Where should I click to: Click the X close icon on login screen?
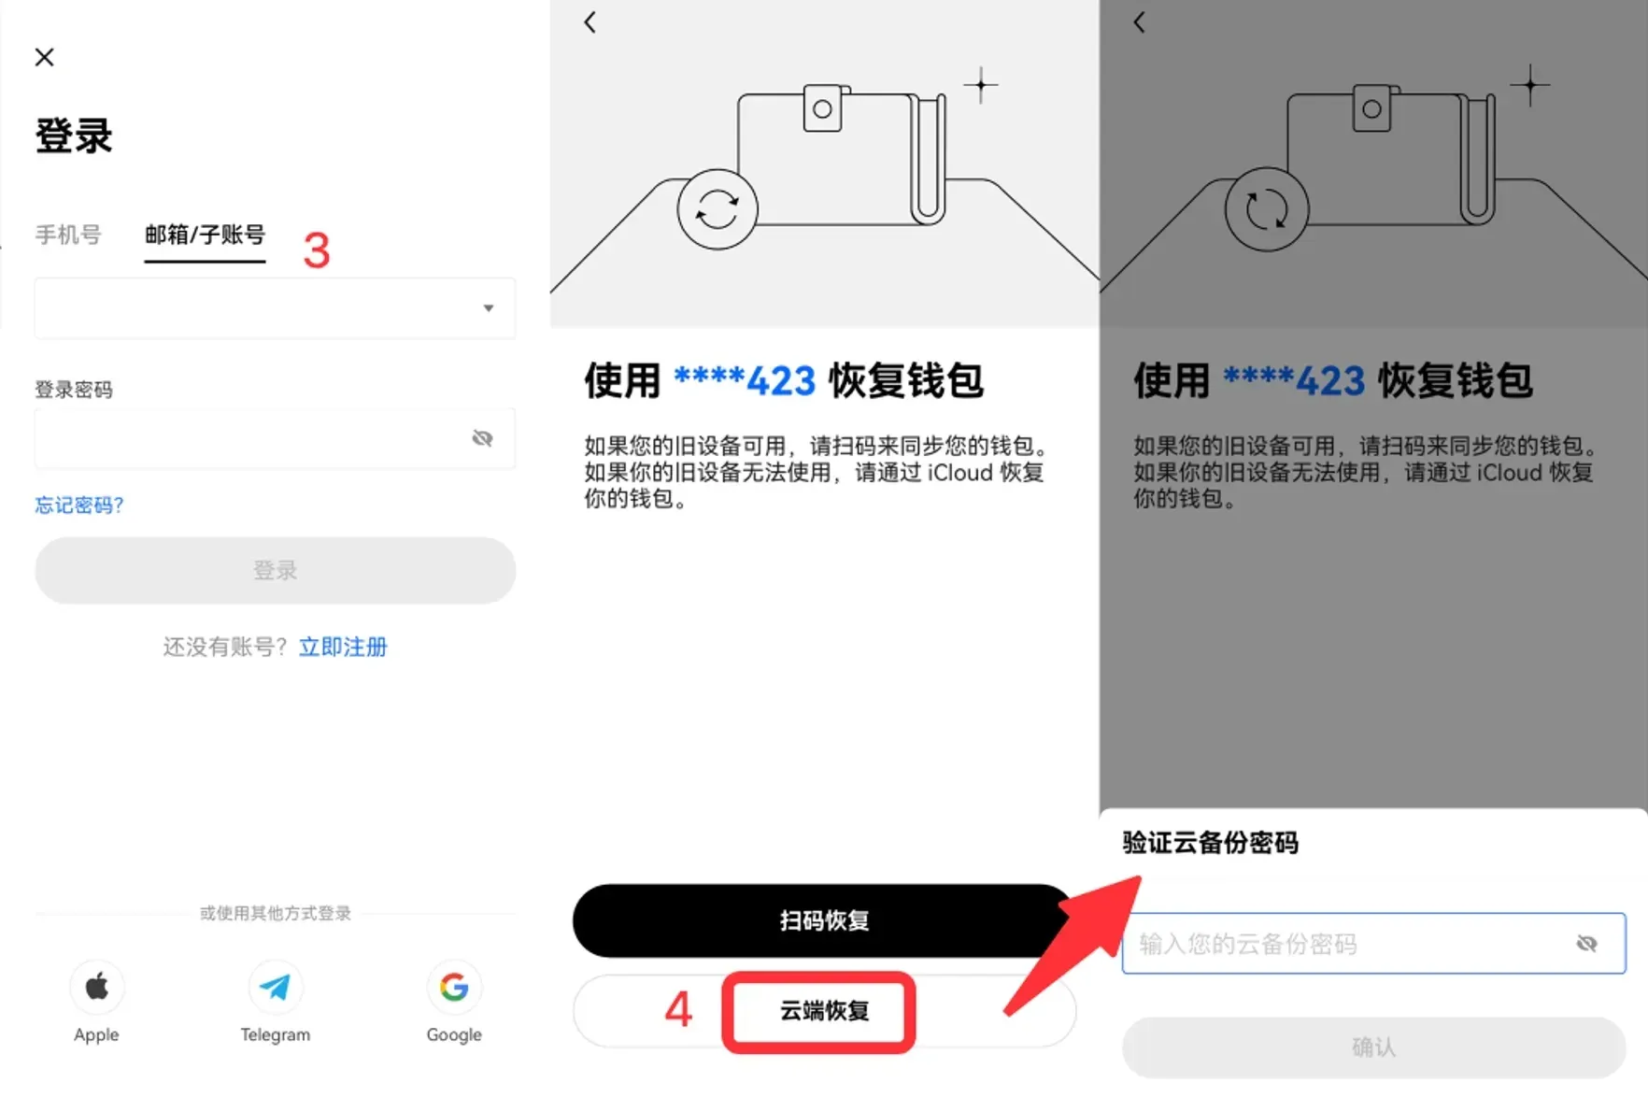pyautogui.click(x=44, y=57)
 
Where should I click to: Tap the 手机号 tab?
pyautogui.click(x=68, y=235)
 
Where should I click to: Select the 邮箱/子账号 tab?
pyautogui.click(x=205, y=235)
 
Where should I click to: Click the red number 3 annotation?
pyautogui.click(x=317, y=250)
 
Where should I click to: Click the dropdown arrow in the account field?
pyautogui.click(x=488, y=308)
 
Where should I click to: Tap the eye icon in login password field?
pyautogui.click(x=482, y=438)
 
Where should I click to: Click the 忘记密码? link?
pyautogui.click(x=79, y=506)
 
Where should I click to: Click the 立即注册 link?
pyautogui.click(x=343, y=647)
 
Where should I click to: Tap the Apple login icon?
pyautogui.click(x=97, y=988)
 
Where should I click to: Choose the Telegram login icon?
pyautogui.click(x=275, y=988)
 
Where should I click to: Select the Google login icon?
pyautogui.click(x=454, y=988)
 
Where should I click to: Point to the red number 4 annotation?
pyautogui.click(x=678, y=1010)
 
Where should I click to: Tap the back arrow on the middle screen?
pyautogui.click(x=590, y=22)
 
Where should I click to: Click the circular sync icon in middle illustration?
pyautogui.click(x=717, y=209)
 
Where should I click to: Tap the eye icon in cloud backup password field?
pyautogui.click(x=1586, y=944)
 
